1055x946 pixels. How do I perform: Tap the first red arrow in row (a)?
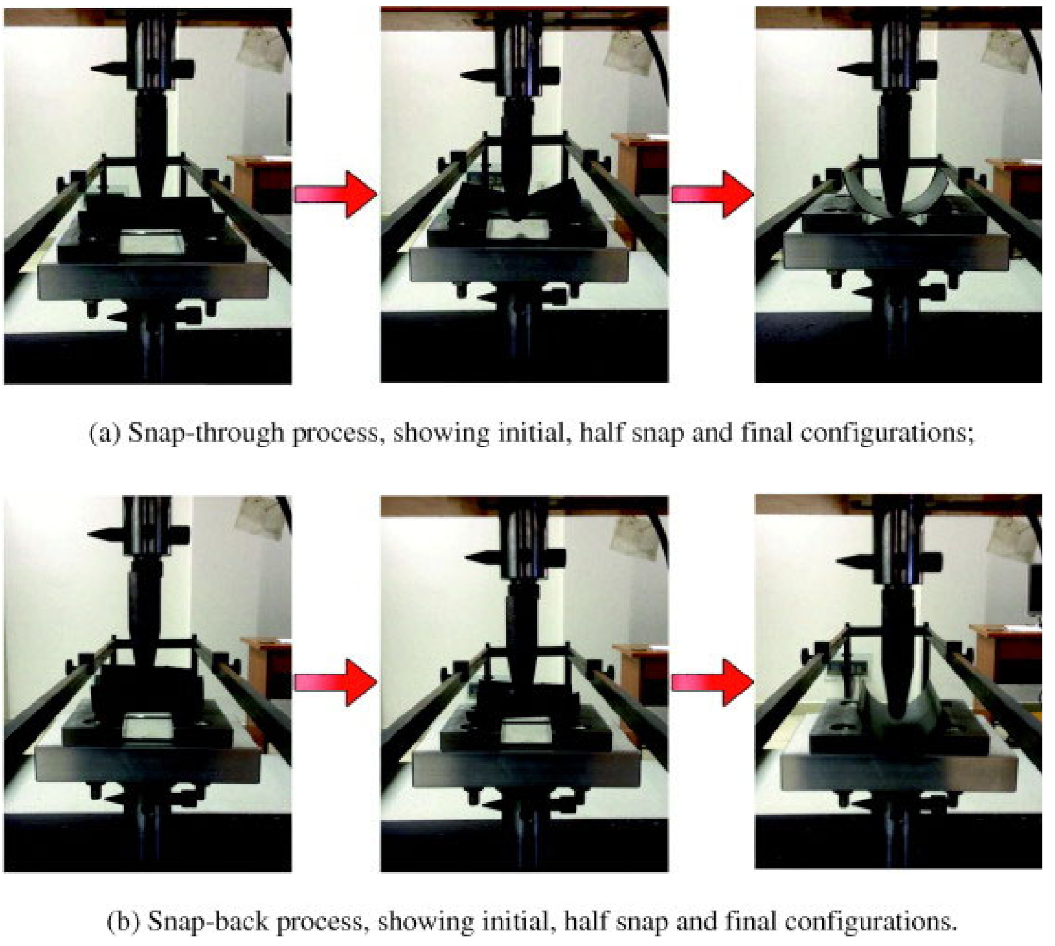(336, 194)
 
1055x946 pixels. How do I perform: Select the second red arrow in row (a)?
(712, 194)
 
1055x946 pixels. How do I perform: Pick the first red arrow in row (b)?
(336, 682)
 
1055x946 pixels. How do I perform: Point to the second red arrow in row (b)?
(712, 682)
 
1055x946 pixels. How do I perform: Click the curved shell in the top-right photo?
(862, 194)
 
